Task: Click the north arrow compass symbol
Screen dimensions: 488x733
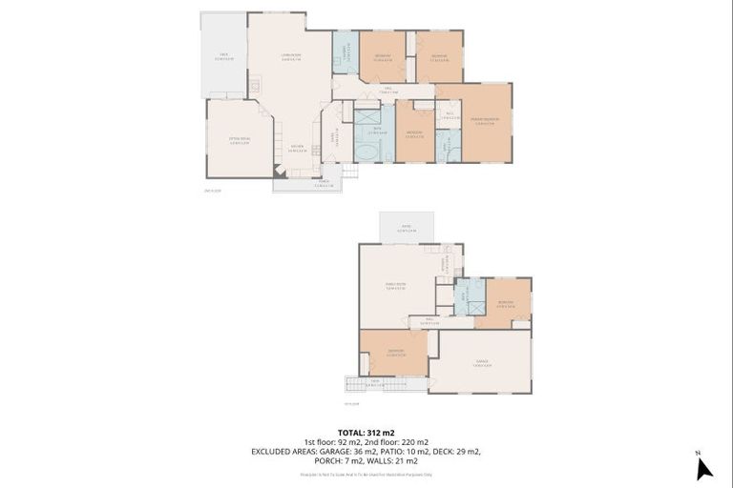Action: point(704,467)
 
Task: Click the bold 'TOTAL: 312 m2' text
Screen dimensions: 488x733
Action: point(366,433)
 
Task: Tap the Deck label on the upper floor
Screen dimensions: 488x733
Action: point(222,56)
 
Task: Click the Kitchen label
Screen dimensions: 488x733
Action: point(297,149)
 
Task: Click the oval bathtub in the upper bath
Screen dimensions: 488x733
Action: point(366,152)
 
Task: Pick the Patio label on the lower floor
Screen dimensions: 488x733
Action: point(406,230)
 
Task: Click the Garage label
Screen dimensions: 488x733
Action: point(481,364)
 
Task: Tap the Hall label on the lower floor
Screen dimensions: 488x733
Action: point(429,322)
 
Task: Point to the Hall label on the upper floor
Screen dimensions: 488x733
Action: point(388,91)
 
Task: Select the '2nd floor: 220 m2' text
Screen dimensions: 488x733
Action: point(394,442)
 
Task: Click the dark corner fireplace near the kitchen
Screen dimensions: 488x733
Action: point(279,172)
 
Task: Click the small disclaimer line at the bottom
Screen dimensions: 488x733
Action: point(366,473)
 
